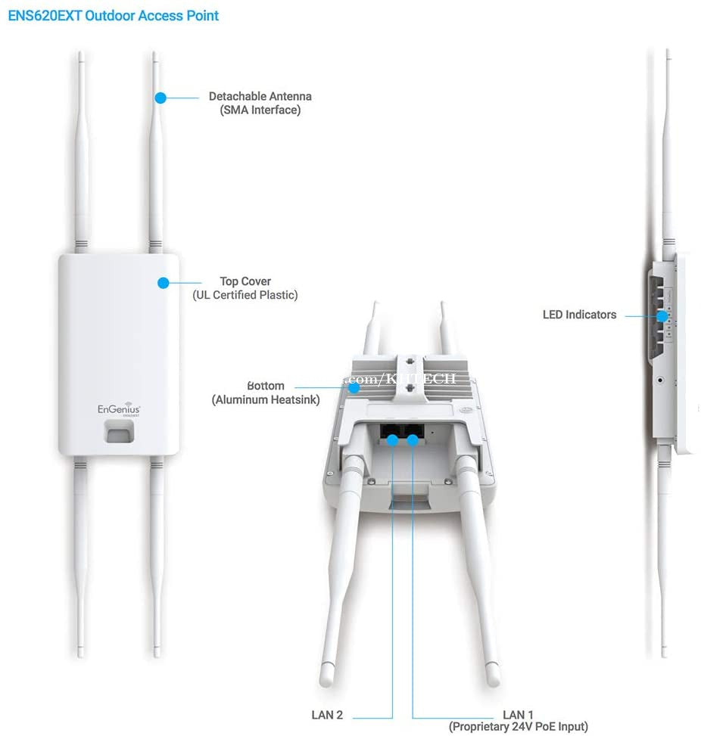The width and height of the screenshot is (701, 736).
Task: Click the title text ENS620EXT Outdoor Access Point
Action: [x=114, y=15]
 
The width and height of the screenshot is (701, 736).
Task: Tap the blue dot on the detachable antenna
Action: [x=160, y=98]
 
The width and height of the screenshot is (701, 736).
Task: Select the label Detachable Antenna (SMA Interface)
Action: [x=260, y=103]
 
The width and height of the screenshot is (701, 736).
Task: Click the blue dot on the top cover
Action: [x=163, y=283]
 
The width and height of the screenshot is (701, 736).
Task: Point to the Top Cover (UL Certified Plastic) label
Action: [x=245, y=288]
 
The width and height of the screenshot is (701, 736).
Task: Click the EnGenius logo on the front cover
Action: [x=119, y=408]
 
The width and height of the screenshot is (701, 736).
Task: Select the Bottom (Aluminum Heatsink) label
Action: [x=265, y=393]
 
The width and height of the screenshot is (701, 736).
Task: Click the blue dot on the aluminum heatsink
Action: [x=354, y=387]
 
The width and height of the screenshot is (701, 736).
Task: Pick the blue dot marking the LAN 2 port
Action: [x=392, y=440]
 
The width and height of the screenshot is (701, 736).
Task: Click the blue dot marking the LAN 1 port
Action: [x=413, y=440]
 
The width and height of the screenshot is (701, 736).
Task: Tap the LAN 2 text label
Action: [x=327, y=715]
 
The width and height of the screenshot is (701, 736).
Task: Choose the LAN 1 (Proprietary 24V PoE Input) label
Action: [x=518, y=721]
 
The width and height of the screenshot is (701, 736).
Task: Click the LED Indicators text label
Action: [x=579, y=315]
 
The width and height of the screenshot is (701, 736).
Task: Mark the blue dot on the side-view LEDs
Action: [x=661, y=315]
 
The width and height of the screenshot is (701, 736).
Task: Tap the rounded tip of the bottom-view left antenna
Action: [x=326, y=679]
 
